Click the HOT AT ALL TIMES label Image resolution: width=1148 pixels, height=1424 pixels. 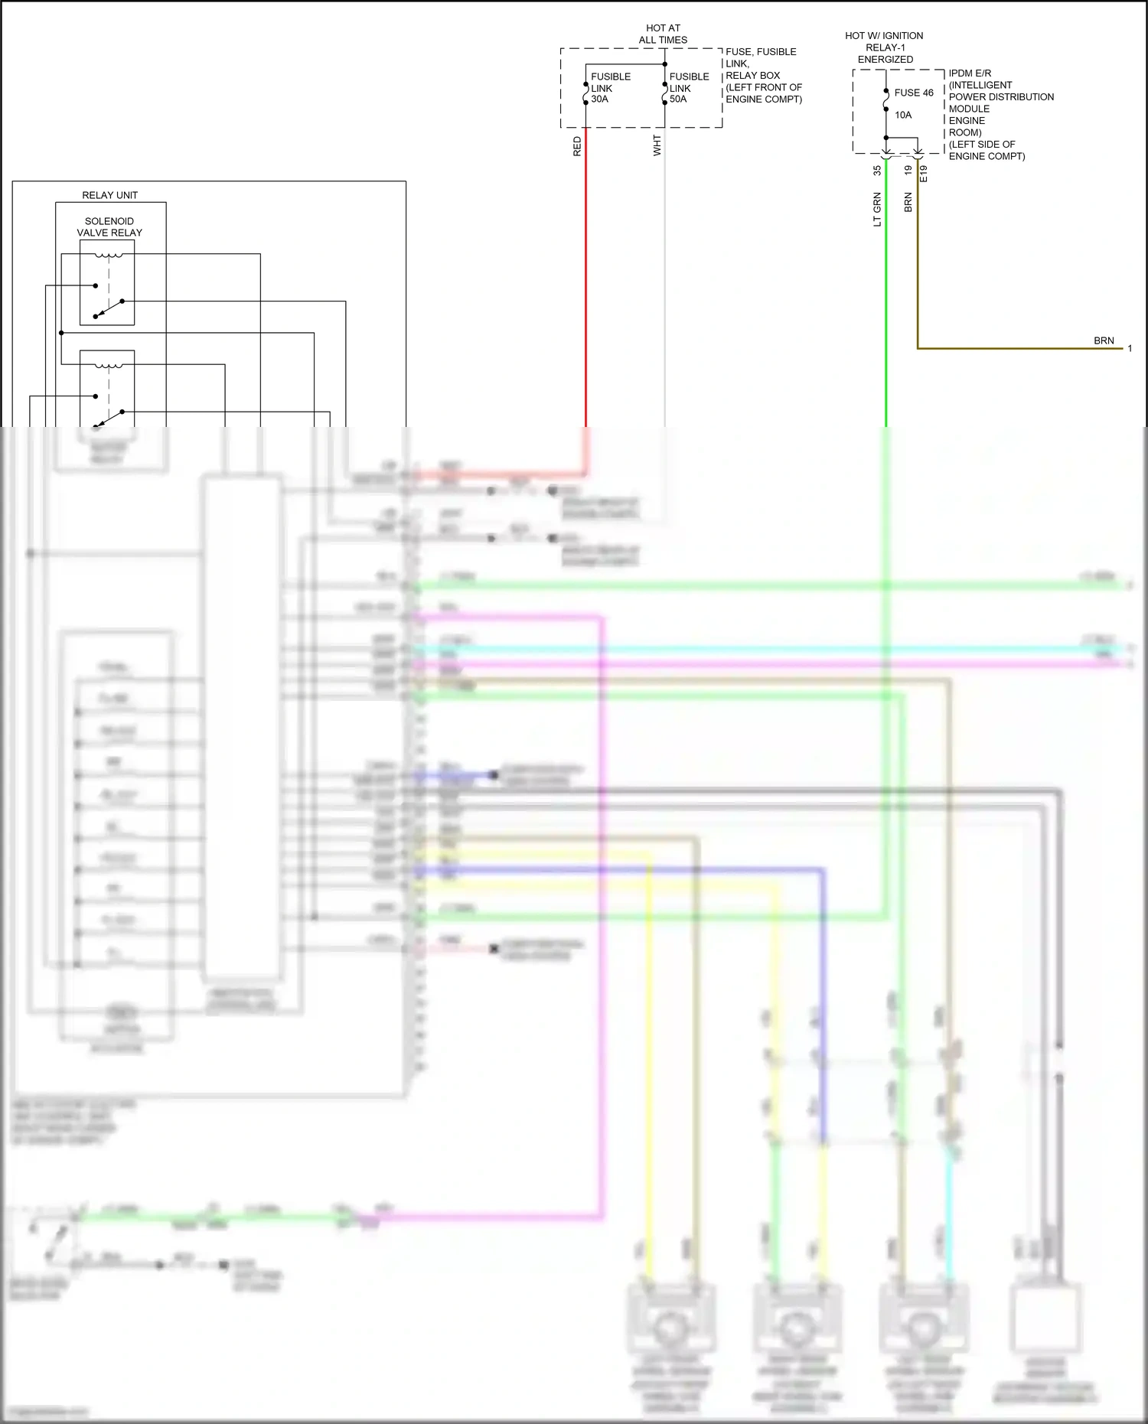[663, 34]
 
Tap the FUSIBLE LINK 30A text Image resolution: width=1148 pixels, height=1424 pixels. [610, 88]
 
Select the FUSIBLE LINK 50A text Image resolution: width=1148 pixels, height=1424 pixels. [689, 88]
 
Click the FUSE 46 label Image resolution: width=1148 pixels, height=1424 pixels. [914, 93]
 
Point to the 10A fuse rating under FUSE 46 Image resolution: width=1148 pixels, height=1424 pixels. [903, 115]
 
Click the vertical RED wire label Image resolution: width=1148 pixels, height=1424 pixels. [577, 147]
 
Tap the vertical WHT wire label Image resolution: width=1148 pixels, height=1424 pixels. [657, 146]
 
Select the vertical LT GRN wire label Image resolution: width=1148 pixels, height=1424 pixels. [877, 210]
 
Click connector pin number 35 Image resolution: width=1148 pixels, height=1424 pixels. [877, 171]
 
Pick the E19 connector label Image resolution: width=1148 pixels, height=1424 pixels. [924, 174]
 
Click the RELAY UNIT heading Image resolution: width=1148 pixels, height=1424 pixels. [109, 195]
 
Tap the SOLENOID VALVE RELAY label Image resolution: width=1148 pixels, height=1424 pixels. [109, 226]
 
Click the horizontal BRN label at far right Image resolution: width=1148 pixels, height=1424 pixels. [1104, 341]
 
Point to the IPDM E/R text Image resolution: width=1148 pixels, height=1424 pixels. [970, 73]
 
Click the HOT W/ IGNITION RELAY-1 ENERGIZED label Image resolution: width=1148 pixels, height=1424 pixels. [884, 47]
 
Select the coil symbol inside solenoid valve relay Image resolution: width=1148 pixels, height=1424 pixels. [108, 256]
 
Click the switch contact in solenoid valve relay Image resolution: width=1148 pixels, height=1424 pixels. [109, 308]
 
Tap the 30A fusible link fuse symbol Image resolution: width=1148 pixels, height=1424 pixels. [586, 93]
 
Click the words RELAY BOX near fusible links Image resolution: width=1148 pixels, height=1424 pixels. [752, 75]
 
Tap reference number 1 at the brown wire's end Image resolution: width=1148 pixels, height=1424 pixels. [1130, 349]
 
